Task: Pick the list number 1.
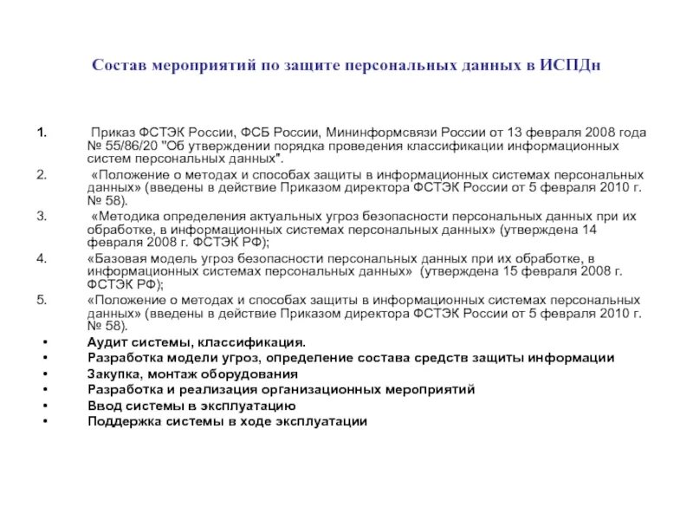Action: pos(40,133)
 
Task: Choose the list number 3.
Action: pos(41,215)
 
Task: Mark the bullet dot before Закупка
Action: pos(44,374)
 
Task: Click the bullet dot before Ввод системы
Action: pos(44,406)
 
